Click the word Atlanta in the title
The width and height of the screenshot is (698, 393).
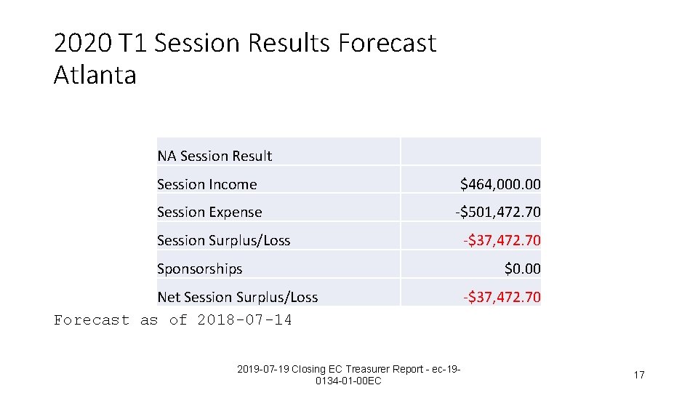click(x=95, y=75)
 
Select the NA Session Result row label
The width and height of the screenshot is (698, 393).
click(x=214, y=156)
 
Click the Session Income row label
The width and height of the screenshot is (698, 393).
click(x=206, y=184)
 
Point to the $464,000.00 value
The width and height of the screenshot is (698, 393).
click(x=500, y=184)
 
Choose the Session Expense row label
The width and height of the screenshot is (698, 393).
click(x=209, y=213)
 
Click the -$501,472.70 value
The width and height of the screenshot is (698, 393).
click(x=497, y=213)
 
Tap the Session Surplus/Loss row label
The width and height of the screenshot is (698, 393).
click(x=223, y=240)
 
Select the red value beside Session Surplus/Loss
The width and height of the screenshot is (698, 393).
click(x=502, y=240)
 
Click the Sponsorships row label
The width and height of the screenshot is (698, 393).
click(x=199, y=269)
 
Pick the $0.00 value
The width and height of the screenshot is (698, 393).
click(x=523, y=269)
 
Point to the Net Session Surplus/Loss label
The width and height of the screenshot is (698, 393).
click(x=237, y=297)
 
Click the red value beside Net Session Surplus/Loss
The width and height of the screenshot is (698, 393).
click(x=502, y=297)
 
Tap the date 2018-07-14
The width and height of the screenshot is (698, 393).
click(x=244, y=320)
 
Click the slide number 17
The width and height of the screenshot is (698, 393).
click(x=639, y=375)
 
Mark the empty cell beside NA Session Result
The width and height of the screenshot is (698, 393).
click(x=470, y=151)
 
